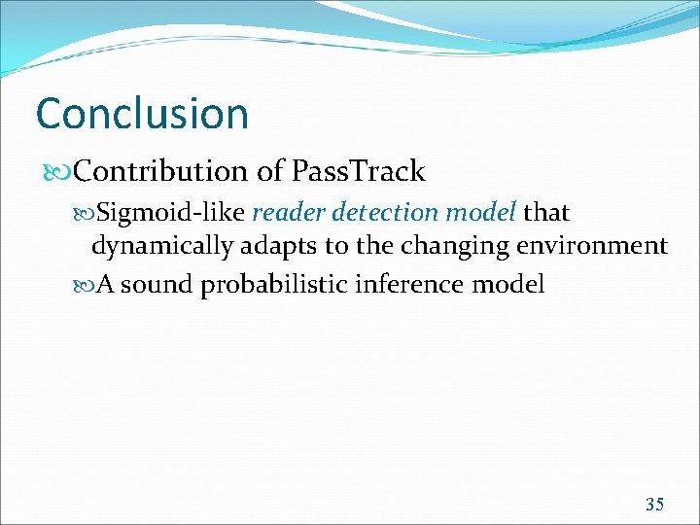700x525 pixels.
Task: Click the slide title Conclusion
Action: (x=142, y=113)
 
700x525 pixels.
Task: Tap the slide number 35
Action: (x=654, y=504)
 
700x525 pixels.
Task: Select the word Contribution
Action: (x=161, y=172)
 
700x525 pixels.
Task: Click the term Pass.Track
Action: (x=358, y=172)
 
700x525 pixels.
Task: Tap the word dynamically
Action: (x=161, y=247)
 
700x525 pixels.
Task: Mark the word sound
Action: (x=157, y=285)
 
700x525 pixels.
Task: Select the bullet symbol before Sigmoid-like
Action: (x=85, y=212)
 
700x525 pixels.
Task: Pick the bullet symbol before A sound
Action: (x=85, y=285)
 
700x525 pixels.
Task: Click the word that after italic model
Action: (x=546, y=211)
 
